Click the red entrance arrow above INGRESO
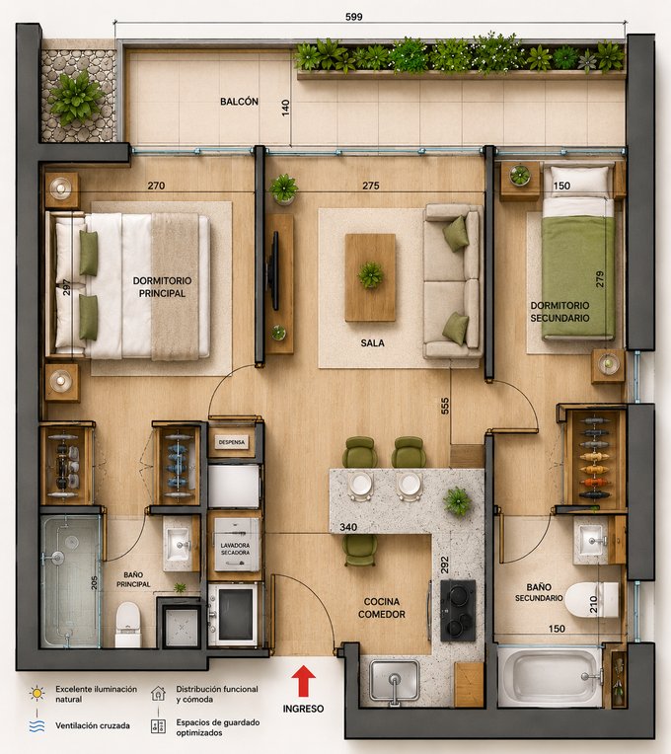tap(303, 681)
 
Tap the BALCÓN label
tap(239, 102)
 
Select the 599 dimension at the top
tap(354, 17)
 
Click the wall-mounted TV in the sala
tap(274, 270)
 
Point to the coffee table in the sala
tap(370, 277)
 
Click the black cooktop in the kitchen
tap(458, 611)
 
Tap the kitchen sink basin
tap(394, 679)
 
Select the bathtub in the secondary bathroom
tap(550, 676)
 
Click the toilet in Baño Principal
tap(128, 624)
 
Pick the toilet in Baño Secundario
tap(592, 600)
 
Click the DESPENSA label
tap(232, 442)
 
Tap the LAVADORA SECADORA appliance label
tap(235, 549)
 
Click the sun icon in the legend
tap(37, 693)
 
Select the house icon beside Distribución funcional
tap(158, 693)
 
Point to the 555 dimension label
tap(445, 406)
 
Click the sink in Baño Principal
tap(178, 544)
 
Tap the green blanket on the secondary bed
tap(578, 276)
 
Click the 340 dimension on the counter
tap(348, 527)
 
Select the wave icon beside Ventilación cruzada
tap(37, 725)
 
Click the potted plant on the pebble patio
tap(75, 97)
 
